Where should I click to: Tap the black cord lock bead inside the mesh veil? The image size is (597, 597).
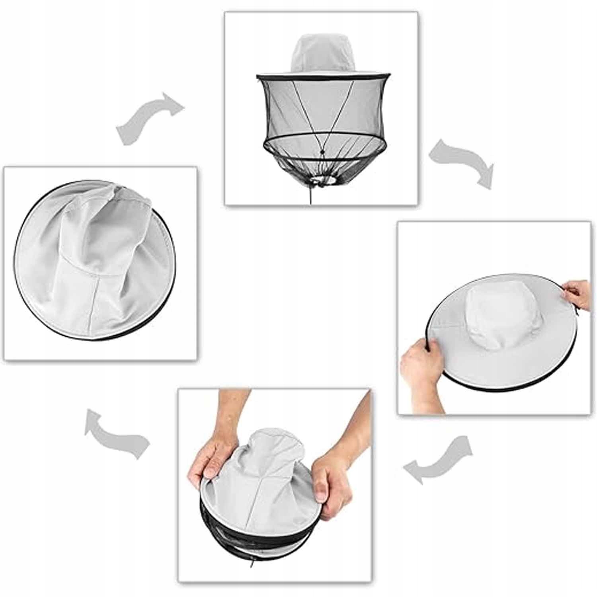pos(322,152)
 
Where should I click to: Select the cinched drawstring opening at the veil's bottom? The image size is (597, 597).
pos(322,181)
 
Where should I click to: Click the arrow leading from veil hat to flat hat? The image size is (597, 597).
pos(462,161)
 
